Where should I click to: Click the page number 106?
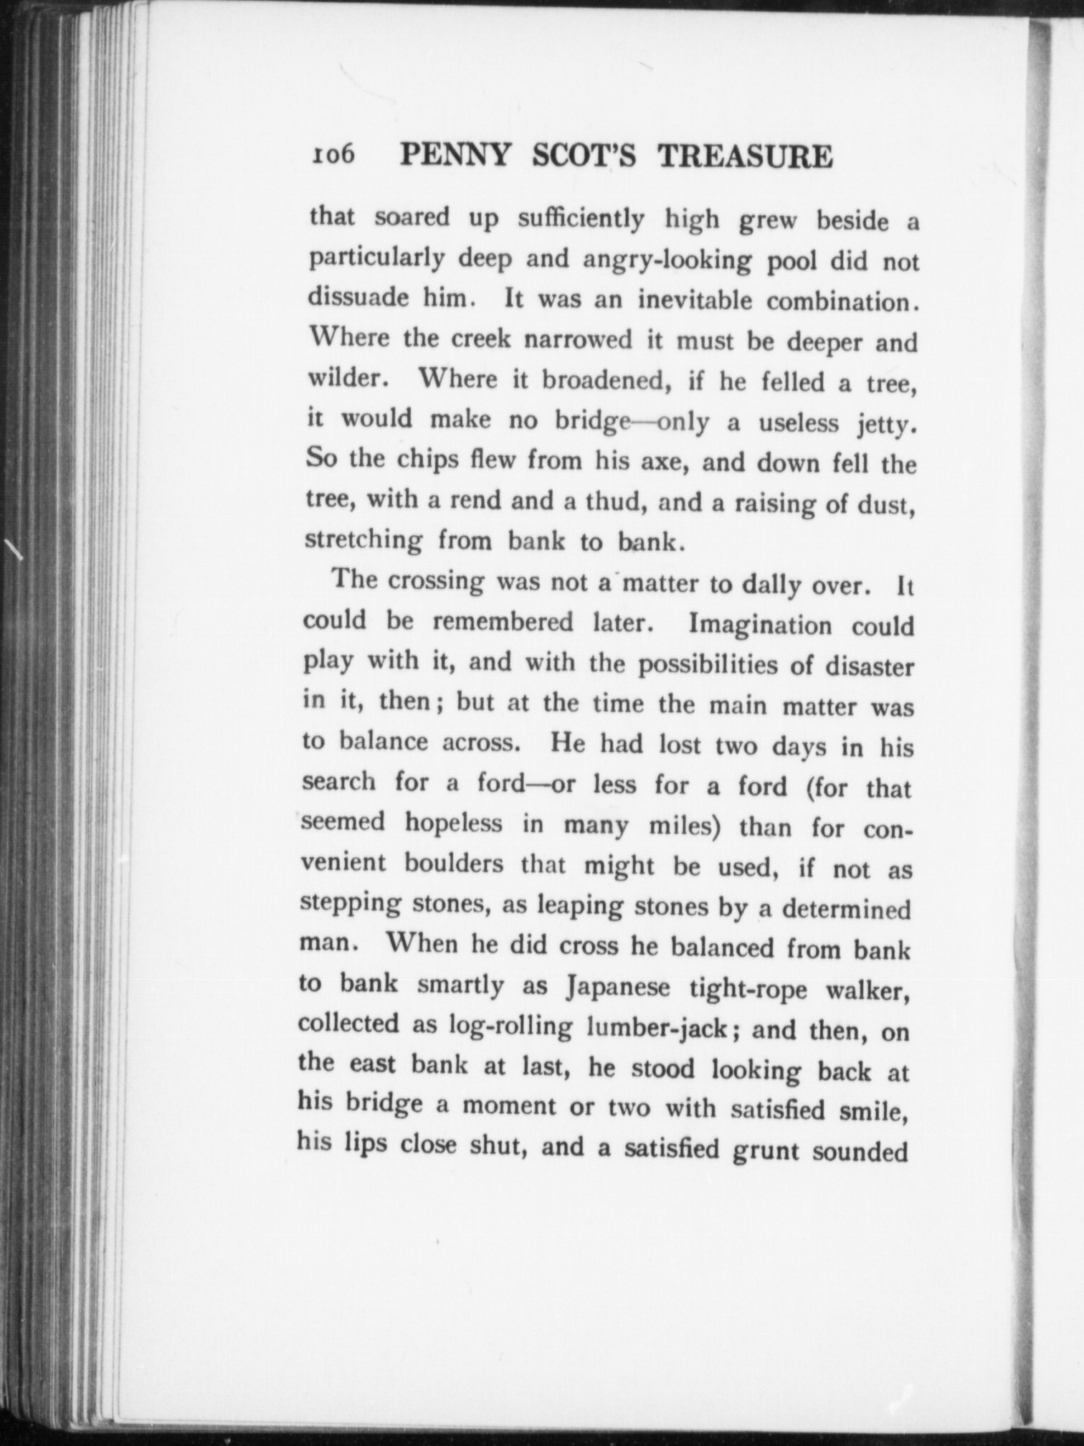pyautogui.click(x=333, y=154)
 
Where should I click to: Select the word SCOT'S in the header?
pyautogui.click(x=592, y=156)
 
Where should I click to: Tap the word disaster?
pyautogui.click(x=870, y=667)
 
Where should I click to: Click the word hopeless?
pyautogui.click(x=453, y=823)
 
